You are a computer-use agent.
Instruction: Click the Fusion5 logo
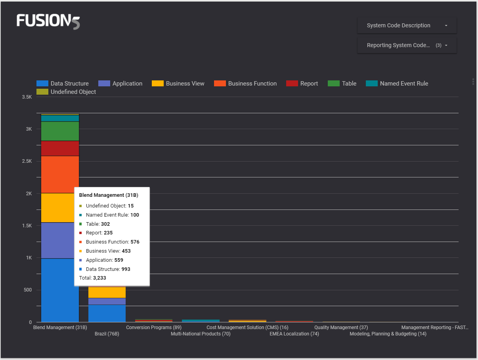point(48,21)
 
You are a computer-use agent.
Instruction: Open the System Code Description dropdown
point(407,25)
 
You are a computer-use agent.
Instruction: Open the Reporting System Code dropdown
point(407,45)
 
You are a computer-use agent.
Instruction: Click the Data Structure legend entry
point(63,84)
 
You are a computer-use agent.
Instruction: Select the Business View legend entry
point(178,84)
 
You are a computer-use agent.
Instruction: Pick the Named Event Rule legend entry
point(397,84)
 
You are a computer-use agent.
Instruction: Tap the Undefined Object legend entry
point(66,92)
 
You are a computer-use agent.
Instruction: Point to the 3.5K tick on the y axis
point(27,97)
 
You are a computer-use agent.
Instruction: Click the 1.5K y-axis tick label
point(27,226)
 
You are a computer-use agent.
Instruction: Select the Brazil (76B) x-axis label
point(107,334)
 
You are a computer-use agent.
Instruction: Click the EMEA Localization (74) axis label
point(294,334)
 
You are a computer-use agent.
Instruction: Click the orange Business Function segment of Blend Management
point(60,174)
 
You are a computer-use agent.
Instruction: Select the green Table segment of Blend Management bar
point(60,131)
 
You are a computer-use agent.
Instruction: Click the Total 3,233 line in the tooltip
point(93,278)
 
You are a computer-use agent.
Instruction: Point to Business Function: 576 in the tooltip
point(112,242)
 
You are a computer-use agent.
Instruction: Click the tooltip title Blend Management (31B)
point(109,195)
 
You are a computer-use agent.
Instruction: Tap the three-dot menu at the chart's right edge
point(473,82)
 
